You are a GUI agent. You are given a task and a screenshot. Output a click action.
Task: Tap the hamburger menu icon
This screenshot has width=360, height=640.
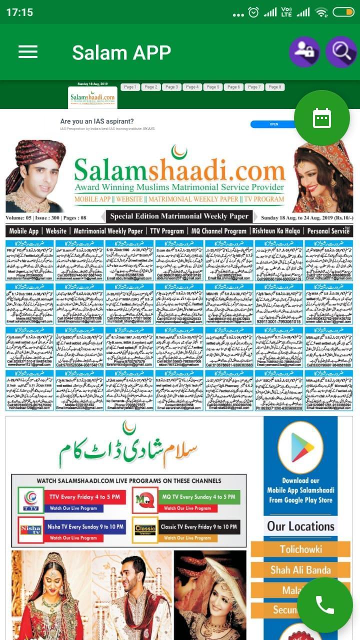click(28, 52)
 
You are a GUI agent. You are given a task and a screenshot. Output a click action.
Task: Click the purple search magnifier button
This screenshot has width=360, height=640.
click(341, 51)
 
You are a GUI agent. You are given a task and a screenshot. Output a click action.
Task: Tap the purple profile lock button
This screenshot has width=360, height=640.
click(304, 51)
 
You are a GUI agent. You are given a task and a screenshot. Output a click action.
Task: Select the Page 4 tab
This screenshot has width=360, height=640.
click(192, 87)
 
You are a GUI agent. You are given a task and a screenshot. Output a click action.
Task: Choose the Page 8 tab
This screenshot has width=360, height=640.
click(274, 87)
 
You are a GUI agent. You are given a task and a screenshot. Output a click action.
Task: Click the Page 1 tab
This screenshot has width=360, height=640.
click(130, 87)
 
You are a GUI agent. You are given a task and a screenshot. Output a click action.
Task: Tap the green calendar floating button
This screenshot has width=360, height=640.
click(321, 118)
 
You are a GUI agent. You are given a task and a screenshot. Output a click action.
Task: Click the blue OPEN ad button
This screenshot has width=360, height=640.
click(274, 124)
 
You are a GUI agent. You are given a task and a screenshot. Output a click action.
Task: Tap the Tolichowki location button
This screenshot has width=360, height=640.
click(300, 549)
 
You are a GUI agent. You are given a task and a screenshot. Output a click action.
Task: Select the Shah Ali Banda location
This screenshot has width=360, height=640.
click(300, 570)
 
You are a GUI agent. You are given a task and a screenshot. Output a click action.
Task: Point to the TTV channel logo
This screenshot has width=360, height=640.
click(30, 500)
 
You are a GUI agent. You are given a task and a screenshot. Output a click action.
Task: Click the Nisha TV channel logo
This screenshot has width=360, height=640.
click(30, 530)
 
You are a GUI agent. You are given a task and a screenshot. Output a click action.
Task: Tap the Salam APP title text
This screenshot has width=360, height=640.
click(121, 52)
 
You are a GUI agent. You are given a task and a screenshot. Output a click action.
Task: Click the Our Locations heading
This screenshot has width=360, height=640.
click(300, 526)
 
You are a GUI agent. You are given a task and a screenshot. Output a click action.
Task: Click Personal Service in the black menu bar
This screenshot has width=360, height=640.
click(328, 231)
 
